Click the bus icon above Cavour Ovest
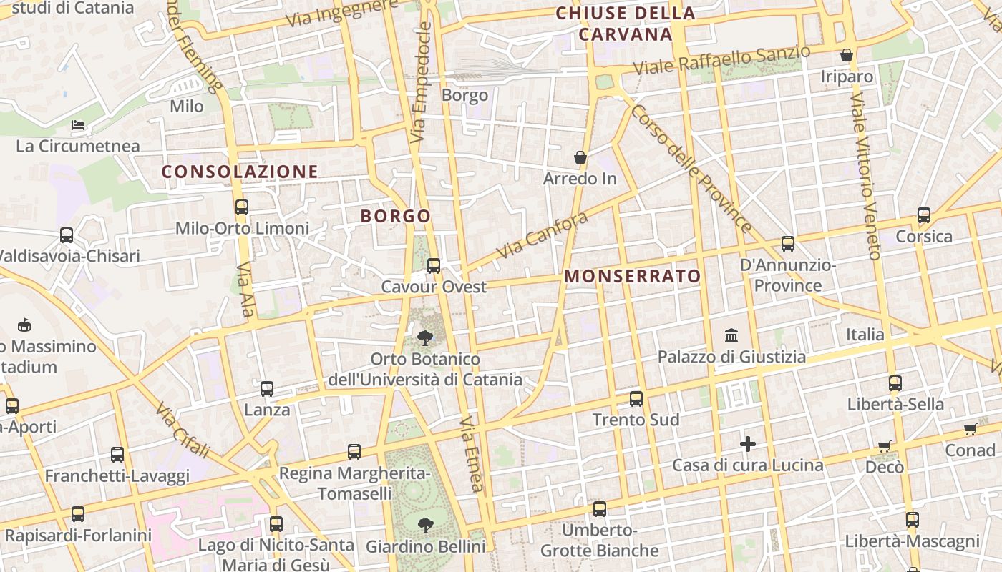tap(433, 266)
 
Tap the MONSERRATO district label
tap(633, 276)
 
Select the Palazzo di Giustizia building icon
tap(731, 335)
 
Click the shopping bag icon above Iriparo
tap(847, 55)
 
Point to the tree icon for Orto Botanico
tap(424, 337)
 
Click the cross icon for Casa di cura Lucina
tap(748, 445)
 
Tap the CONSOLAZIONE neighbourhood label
tap(240, 172)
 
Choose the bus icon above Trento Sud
tap(636, 399)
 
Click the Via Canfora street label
tap(542, 235)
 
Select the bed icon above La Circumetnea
tap(78, 126)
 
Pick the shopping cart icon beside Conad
tap(970, 430)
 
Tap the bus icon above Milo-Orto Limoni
tap(242, 207)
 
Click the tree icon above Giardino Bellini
tap(425, 526)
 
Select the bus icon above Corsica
tap(924, 215)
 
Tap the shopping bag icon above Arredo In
tap(580, 157)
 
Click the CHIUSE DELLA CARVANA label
tap(626, 24)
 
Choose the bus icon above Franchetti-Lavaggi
tap(117, 455)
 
